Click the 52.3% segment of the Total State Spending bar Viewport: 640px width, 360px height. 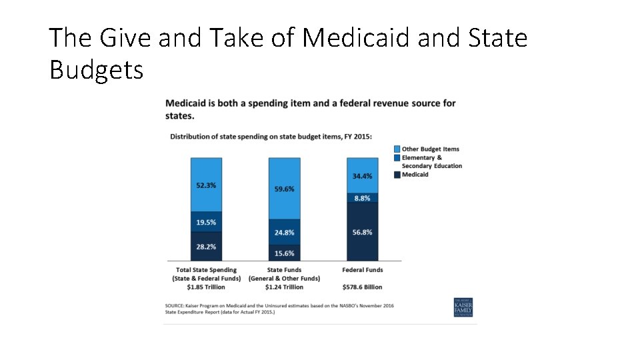click(x=206, y=185)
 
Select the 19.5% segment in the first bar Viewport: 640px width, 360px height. click(x=206, y=222)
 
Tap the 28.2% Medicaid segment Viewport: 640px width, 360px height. click(x=206, y=246)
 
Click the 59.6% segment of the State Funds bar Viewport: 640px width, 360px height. click(x=284, y=189)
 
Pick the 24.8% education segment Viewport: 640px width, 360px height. click(x=284, y=232)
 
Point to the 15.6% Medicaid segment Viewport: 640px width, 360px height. click(x=284, y=253)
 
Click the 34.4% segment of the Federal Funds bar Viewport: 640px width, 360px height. click(x=362, y=175)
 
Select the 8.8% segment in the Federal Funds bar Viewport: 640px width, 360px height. click(x=362, y=197)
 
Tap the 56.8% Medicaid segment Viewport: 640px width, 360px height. click(x=362, y=231)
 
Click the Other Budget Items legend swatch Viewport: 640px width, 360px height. click(x=397, y=149)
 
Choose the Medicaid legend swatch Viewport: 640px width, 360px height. click(x=397, y=174)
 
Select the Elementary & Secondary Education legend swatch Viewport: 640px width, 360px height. click(x=397, y=158)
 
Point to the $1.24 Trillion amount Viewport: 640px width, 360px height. click(x=284, y=287)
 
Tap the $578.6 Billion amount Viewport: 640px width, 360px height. click(x=362, y=287)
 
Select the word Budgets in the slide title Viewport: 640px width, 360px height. click(x=97, y=69)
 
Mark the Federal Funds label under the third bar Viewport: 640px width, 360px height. click(x=362, y=270)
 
